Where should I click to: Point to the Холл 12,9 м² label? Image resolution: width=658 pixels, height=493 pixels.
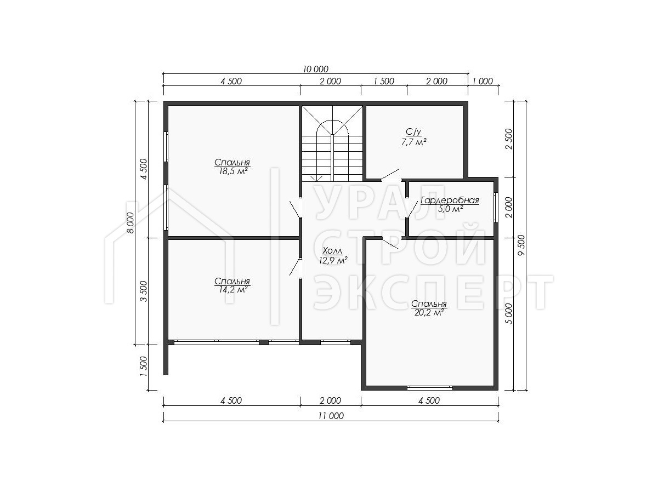(x=333, y=256)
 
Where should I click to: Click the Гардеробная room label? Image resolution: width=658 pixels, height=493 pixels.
(x=450, y=200)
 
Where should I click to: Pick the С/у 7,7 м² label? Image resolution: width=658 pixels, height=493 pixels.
(x=413, y=137)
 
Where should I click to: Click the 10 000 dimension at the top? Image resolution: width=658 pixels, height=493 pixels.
(x=316, y=69)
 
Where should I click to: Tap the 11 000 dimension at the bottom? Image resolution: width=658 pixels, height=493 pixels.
(x=331, y=416)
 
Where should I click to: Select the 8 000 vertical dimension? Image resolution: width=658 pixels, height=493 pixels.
(x=131, y=222)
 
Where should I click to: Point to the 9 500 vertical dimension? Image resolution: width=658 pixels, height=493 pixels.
(x=521, y=245)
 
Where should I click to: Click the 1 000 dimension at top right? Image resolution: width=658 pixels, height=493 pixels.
(x=483, y=81)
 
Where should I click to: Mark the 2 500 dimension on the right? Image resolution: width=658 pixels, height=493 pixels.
(x=509, y=139)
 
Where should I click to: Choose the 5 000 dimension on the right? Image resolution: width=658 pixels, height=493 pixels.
(x=509, y=313)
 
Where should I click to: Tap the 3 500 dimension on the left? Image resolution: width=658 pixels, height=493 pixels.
(x=144, y=291)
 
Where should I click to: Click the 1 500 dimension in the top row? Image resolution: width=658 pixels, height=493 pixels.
(x=384, y=81)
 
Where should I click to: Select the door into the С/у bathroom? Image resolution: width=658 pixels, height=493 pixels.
(x=390, y=175)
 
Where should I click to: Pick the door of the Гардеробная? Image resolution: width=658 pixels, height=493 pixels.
(x=412, y=209)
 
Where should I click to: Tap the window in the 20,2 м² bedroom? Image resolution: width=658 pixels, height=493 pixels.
(x=430, y=388)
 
